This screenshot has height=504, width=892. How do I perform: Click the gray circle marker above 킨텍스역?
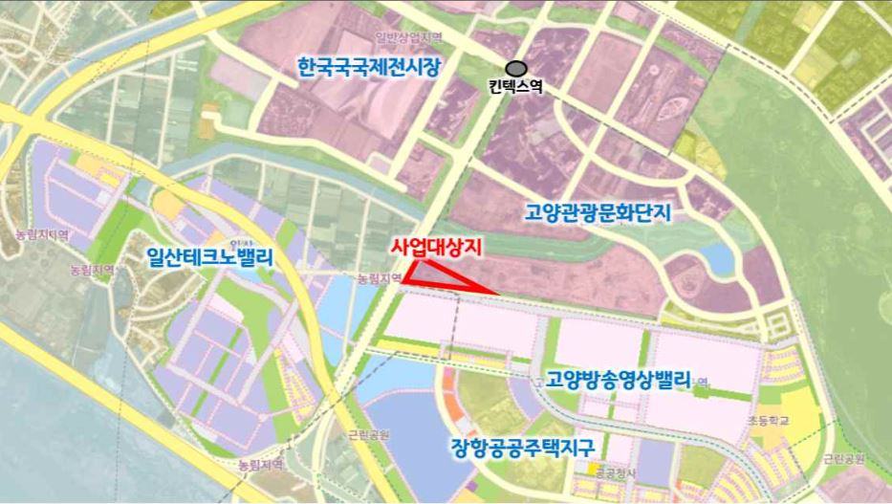(516, 68)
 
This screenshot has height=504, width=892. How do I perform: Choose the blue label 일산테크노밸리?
(210, 257)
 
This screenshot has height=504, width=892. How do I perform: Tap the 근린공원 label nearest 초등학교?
(843, 459)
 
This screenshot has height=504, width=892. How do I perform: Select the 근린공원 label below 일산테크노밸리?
(369, 434)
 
